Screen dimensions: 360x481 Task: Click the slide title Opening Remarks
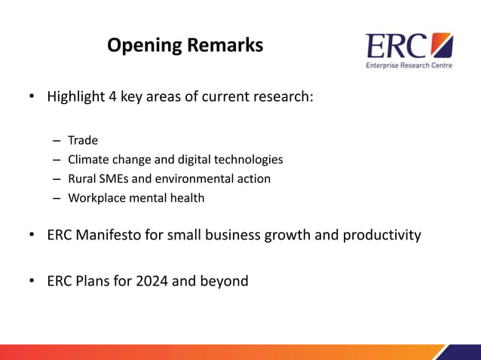(185, 46)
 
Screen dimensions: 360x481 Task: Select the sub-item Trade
(83, 140)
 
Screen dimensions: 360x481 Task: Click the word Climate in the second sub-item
(88, 160)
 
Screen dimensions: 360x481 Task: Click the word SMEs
(114, 179)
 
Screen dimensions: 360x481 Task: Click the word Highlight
(74, 97)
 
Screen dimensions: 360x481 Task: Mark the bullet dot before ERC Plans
(32, 282)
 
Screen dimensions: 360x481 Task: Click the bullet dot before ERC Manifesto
(32, 236)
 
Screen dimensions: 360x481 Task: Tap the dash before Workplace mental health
(57, 199)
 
